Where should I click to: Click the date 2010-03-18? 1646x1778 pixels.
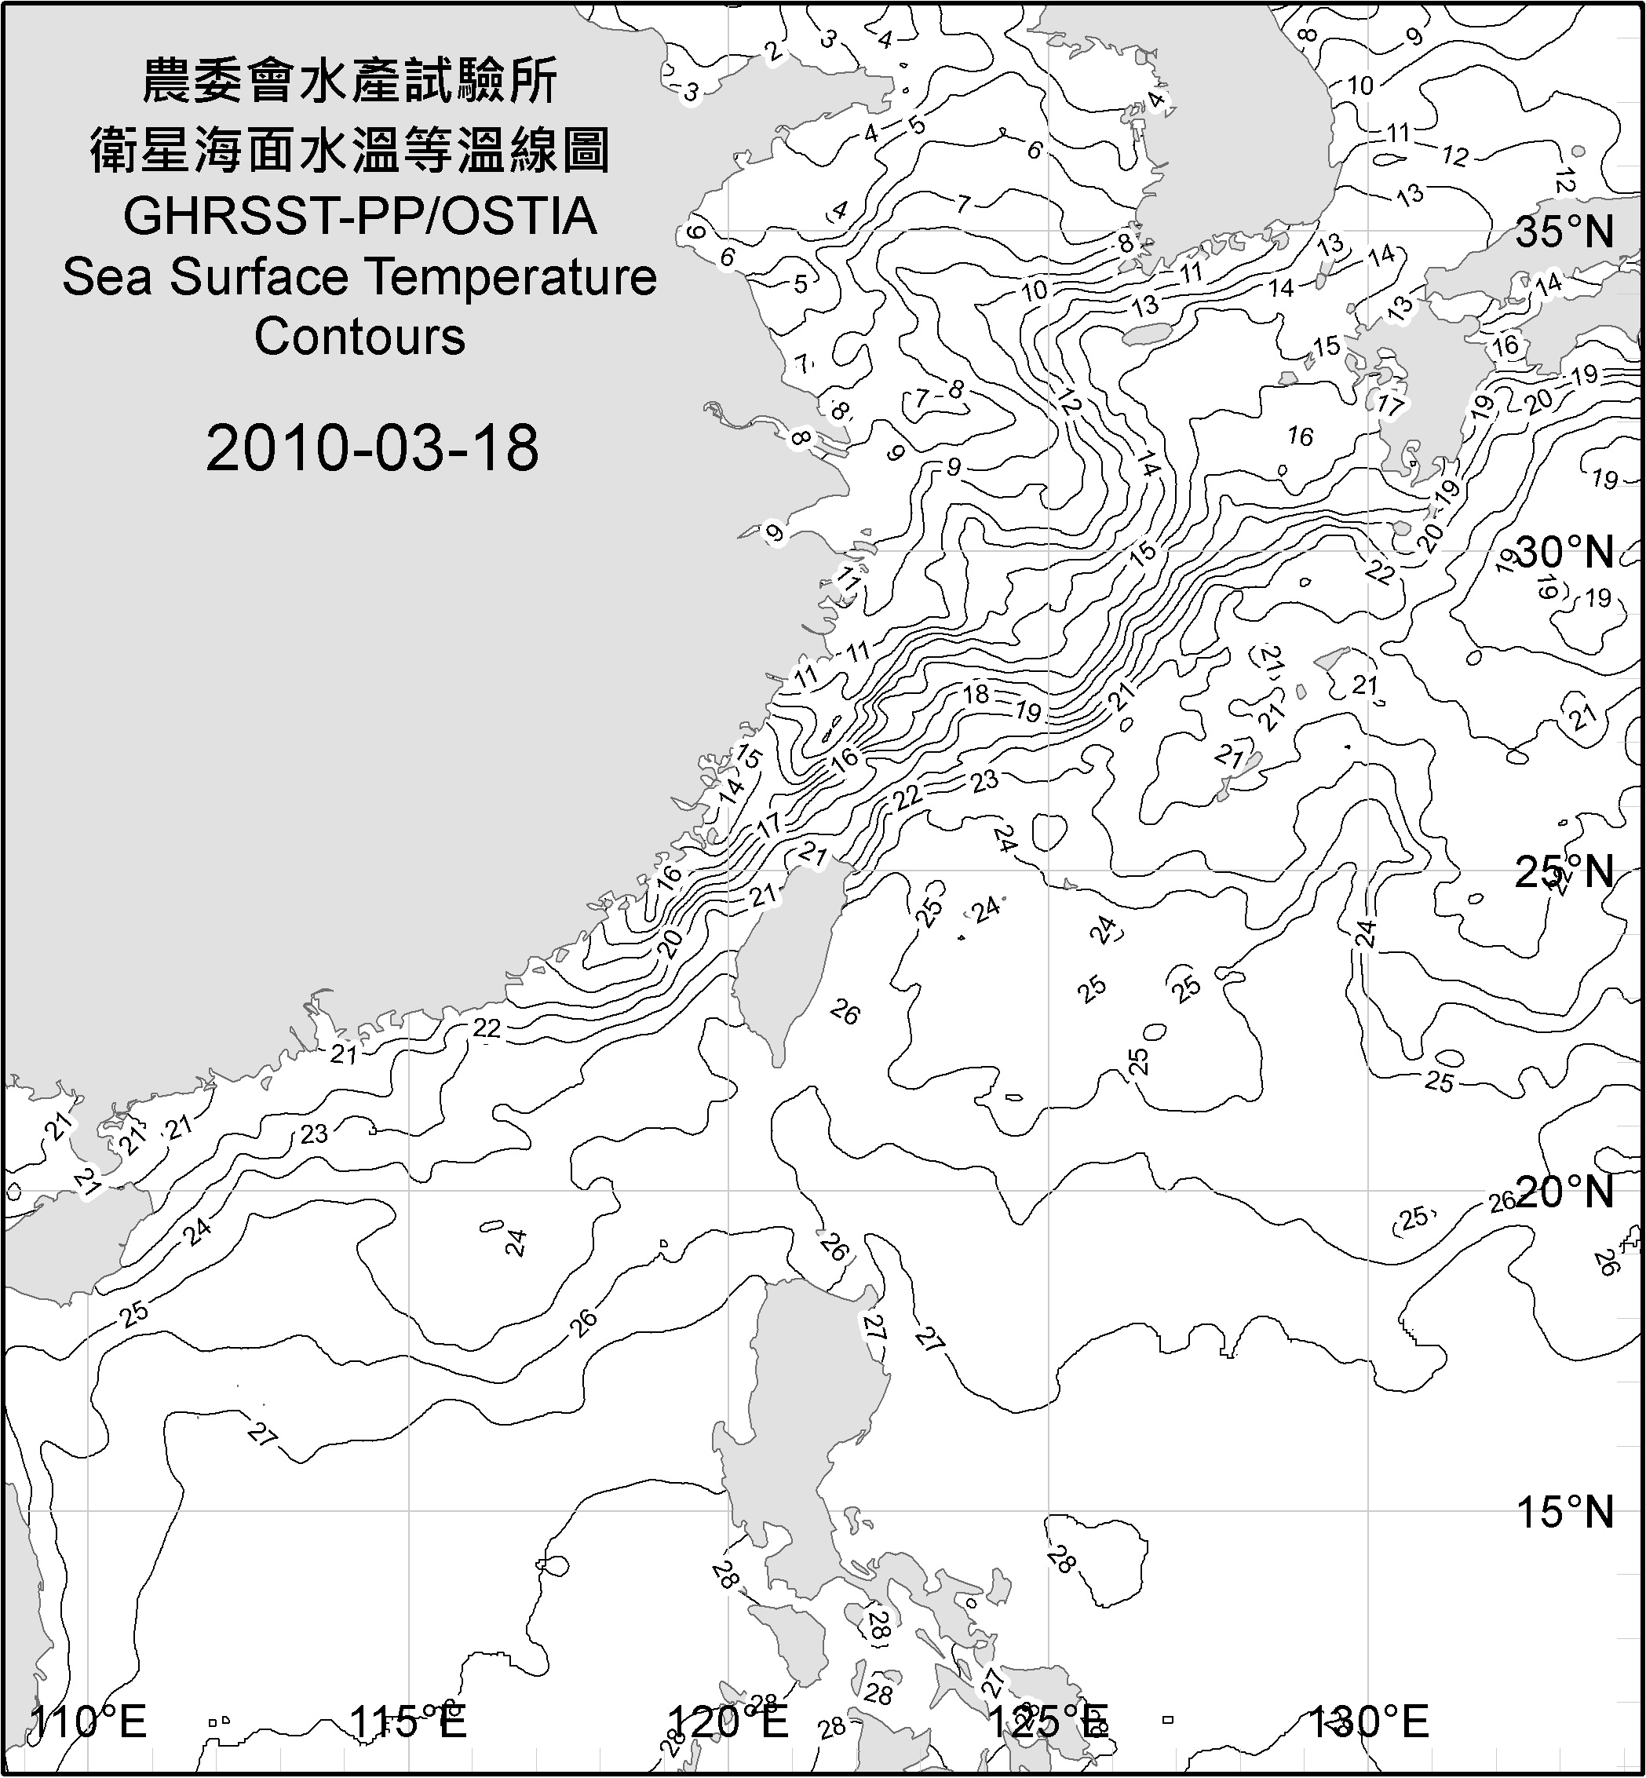(372, 448)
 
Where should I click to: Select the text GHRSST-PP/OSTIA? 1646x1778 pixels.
(359, 217)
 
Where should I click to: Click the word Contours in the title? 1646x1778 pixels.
(359, 337)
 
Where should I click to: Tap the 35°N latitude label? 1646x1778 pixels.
(1565, 232)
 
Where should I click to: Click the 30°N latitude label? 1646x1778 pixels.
(1565, 553)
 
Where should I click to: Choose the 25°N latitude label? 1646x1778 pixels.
(1565, 872)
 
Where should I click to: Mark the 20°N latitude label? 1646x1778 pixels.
(1565, 1192)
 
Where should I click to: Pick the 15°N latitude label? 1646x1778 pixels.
(1565, 1512)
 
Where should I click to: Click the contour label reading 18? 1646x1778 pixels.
(976, 693)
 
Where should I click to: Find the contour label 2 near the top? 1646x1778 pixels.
(774, 52)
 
